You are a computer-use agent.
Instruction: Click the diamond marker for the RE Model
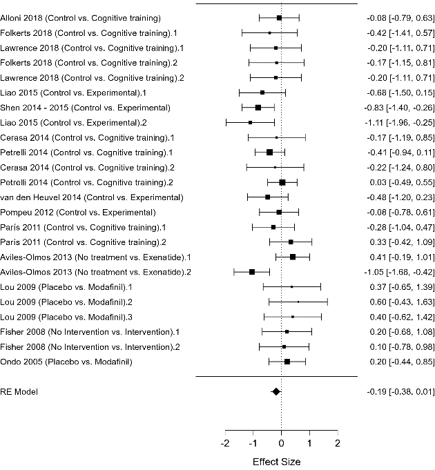[x=276, y=391]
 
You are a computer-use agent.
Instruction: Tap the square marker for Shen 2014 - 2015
[x=258, y=108]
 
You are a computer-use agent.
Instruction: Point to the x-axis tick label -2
[x=226, y=442]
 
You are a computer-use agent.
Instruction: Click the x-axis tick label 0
[x=281, y=442]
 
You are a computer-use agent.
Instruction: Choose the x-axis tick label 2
[x=337, y=442]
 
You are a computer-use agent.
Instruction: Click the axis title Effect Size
[x=276, y=461]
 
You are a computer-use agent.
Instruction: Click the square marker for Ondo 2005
[x=287, y=361]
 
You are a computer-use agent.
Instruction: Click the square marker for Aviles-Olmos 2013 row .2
[x=252, y=271]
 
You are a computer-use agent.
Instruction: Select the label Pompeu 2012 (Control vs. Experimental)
[x=79, y=212]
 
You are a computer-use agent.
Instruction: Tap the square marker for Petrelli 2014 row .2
[x=282, y=182]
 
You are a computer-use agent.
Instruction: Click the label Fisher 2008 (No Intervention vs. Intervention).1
[x=91, y=331]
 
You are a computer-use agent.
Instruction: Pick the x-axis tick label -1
[x=253, y=442]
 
